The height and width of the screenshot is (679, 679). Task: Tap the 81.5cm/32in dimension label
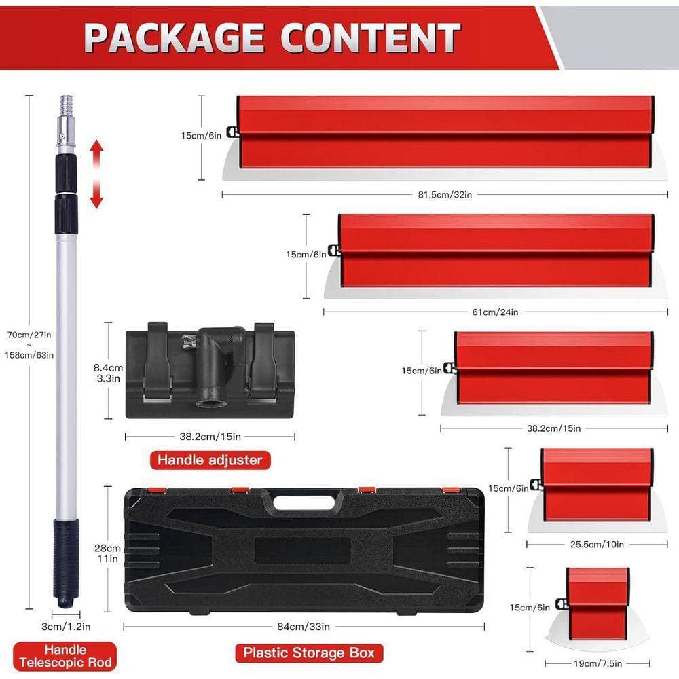pyautogui.click(x=445, y=194)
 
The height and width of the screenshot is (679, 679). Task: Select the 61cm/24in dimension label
pyautogui.click(x=495, y=312)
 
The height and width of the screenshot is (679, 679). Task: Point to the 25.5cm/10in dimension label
pyautogui.click(x=597, y=545)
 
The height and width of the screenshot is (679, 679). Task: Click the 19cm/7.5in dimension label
pyautogui.click(x=598, y=663)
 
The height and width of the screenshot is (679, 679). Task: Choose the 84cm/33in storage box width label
pyautogui.click(x=304, y=627)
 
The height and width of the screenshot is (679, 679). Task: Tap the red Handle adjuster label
pyautogui.click(x=210, y=460)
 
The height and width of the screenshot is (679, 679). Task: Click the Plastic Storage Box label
pyautogui.click(x=309, y=653)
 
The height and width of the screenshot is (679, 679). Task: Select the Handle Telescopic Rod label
pyautogui.click(x=65, y=657)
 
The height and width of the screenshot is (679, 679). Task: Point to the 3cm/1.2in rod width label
pyautogui.click(x=66, y=627)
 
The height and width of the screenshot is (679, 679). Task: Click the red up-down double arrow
pyautogui.click(x=96, y=174)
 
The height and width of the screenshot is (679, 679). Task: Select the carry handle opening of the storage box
pyautogui.click(x=304, y=502)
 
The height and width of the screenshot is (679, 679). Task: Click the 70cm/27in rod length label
pyautogui.click(x=29, y=335)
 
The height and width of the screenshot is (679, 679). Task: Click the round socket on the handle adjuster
pyautogui.click(x=210, y=403)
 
